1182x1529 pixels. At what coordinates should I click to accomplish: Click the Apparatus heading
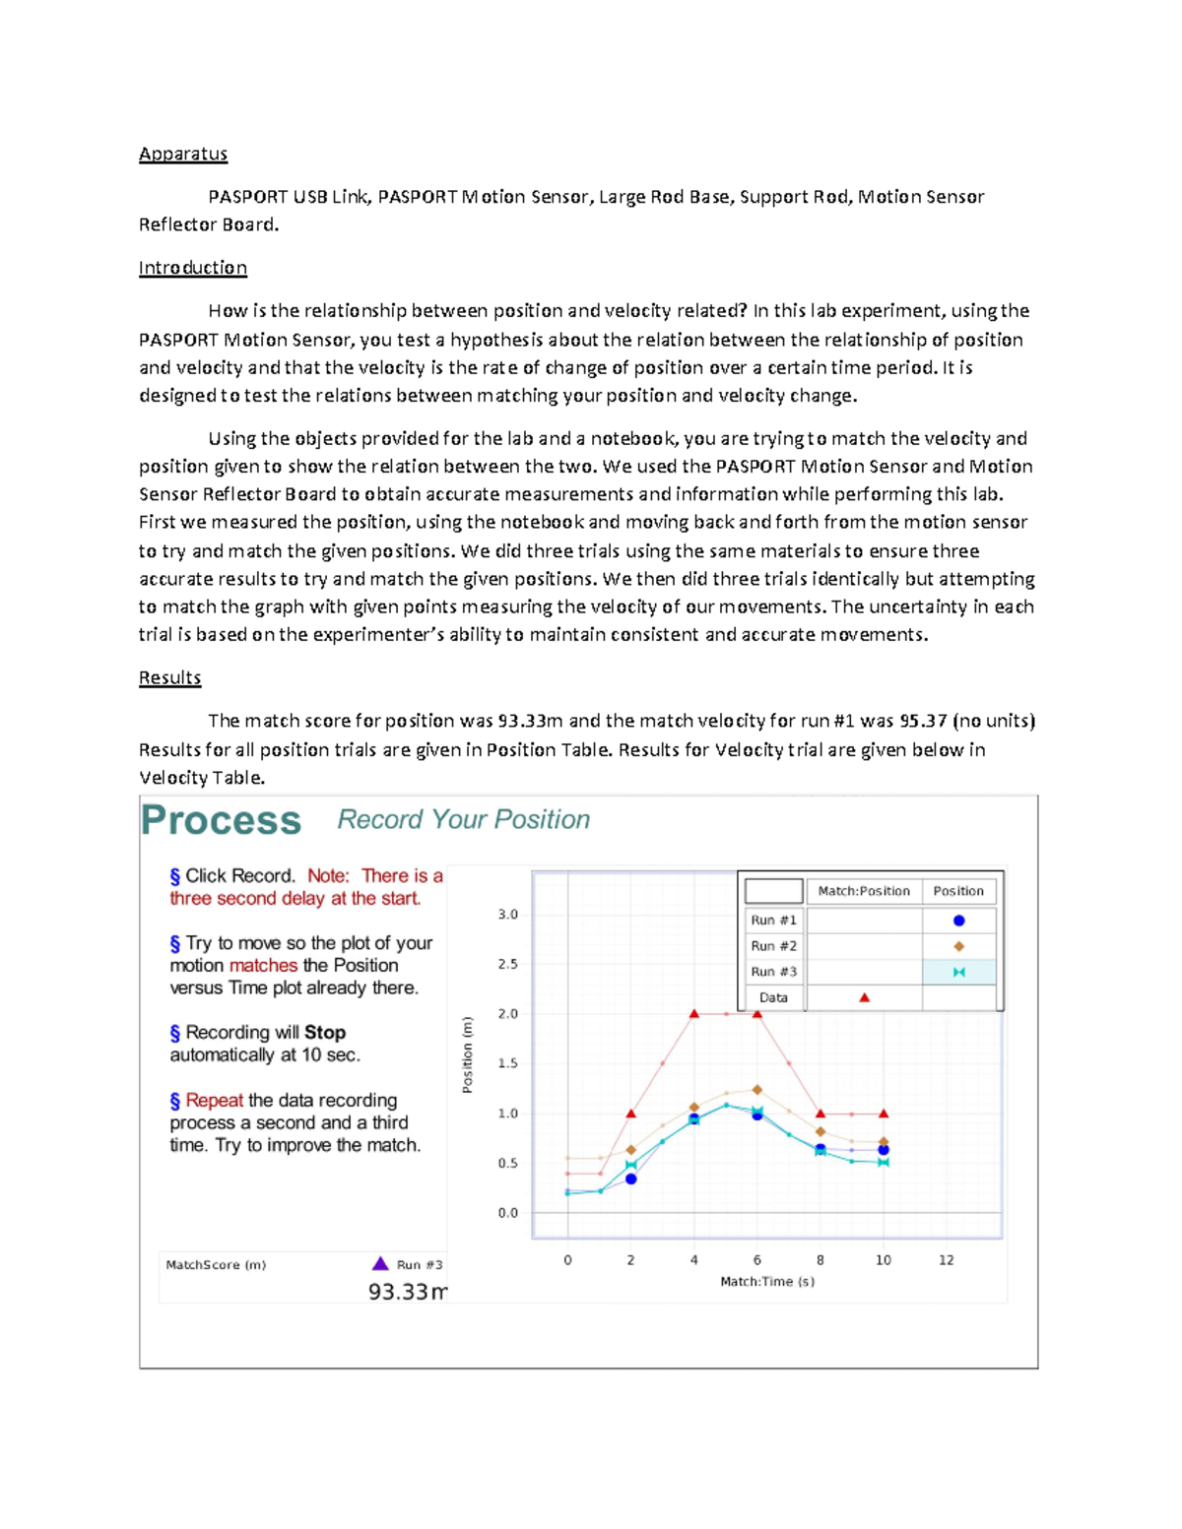(x=183, y=154)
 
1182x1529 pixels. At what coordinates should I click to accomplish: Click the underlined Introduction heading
(x=192, y=268)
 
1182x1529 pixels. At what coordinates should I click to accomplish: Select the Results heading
(x=169, y=677)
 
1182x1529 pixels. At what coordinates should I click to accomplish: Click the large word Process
(x=221, y=820)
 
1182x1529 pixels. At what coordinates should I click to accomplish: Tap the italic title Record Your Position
(x=463, y=819)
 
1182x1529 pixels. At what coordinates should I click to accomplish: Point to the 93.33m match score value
(x=407, y=1291)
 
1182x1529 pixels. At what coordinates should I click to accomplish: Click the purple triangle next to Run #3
(x=380, y=1263)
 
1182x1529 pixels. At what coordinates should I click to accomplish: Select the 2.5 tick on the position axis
(x=507, y=964)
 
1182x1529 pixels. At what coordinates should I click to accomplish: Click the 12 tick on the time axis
(x=946, y=1260)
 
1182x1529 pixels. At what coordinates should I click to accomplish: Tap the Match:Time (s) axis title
(x=766, y=1281)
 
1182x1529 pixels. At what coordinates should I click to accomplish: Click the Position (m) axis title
(x=468, y=1054)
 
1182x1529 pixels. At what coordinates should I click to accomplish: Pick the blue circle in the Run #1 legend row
(x=958, y=921)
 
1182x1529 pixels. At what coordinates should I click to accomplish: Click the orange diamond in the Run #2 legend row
(x=958, y=946)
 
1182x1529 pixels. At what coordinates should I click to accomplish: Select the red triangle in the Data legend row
(x=864, y=997)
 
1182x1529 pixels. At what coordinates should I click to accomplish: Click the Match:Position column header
(x=863, y=891)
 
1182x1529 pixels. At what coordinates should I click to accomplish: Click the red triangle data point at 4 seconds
(x=694, y=1013)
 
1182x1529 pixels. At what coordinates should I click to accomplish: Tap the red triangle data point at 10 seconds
(x=884, y=1114)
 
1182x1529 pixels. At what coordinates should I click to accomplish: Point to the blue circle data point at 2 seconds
(x=631, y=1179)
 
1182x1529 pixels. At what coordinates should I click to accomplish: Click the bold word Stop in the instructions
(x=324, y=1032)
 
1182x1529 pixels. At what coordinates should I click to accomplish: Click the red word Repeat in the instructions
(x=214, y=1100)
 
